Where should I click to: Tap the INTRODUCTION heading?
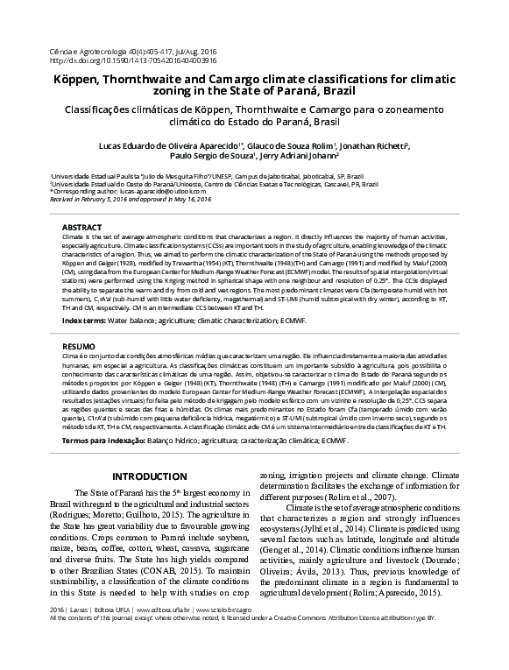click(x=138, y=476)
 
